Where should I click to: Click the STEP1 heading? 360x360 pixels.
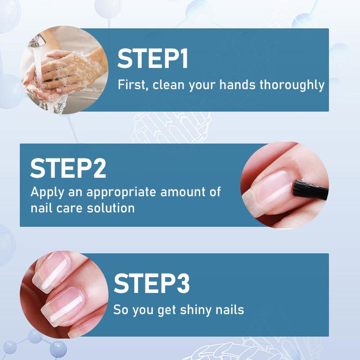point(153,59)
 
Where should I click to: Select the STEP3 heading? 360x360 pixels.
point(152,283)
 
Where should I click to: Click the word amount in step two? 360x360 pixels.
point(184,192)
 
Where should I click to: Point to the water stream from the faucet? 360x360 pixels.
point(39,72)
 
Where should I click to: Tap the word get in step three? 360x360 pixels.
point(155,310)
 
